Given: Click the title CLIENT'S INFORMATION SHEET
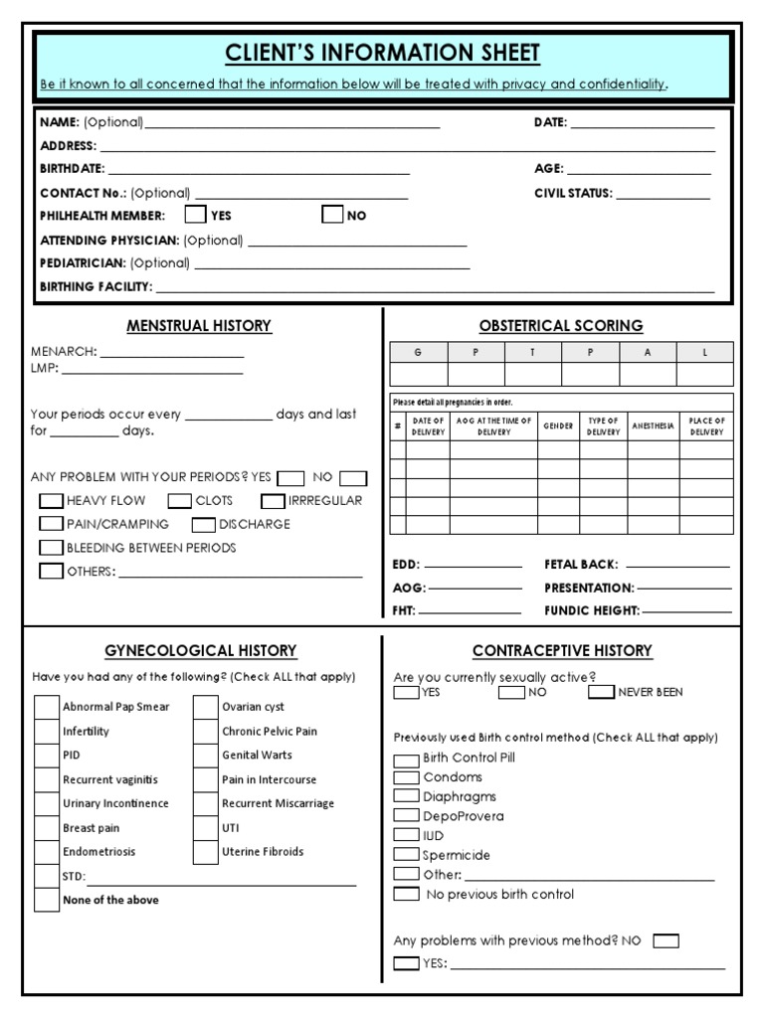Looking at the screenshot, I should point(383,52).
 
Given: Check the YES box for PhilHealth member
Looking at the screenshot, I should point(196,215).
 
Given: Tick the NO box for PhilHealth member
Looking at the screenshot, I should point(332,215).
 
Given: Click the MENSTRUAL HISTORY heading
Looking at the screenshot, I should point(199,326).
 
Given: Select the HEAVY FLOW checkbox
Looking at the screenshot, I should point(51,501).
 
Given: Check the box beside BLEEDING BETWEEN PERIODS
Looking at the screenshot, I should point(51,548).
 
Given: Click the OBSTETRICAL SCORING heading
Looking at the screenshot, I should point(561,326).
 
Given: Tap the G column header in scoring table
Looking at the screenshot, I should point(418,352).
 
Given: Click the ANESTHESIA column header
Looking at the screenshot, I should point(653,426).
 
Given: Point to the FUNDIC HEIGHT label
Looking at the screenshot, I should point(591,611).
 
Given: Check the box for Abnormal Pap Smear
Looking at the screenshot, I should point(47,707).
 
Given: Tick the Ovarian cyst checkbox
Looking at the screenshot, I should point(206,707).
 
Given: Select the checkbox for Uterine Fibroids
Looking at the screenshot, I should point(206,852).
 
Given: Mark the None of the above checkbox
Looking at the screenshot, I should point(47,901).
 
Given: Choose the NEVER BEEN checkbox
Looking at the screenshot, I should point(601,693).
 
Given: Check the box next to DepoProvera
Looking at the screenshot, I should point(406,815).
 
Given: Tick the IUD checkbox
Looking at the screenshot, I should point(406,835).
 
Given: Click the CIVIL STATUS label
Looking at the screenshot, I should point(573,194).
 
